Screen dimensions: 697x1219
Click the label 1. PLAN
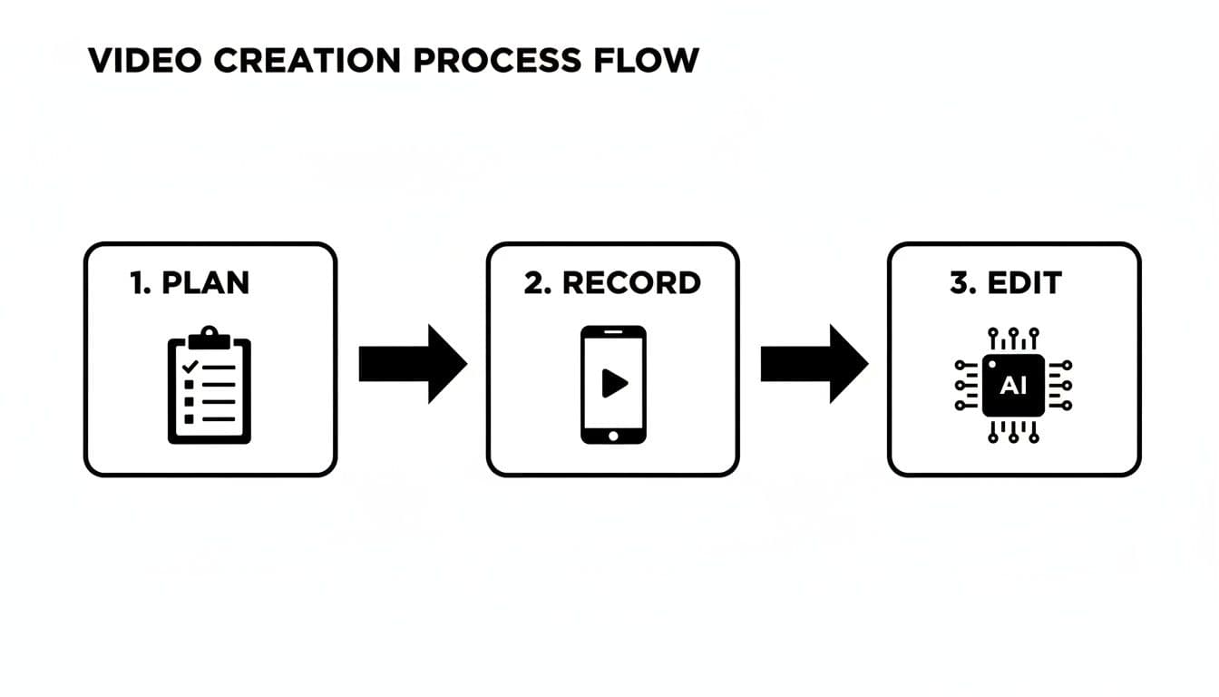[189, 282]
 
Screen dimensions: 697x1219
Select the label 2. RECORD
[612, 282]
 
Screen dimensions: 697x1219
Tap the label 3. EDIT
[1005, 282]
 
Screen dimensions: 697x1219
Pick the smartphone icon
[613, 385]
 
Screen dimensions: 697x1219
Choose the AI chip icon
[1013, 385]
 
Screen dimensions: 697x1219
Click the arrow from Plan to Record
[413, 364]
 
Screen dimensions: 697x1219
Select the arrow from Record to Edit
[814, 364]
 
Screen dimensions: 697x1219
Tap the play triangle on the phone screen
[614, 384]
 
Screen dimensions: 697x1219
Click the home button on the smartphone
[613, 436]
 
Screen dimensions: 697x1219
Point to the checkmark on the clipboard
[190, 367]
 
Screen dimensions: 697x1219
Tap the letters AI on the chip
[1013, 386]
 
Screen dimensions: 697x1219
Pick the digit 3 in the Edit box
[959, 282]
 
